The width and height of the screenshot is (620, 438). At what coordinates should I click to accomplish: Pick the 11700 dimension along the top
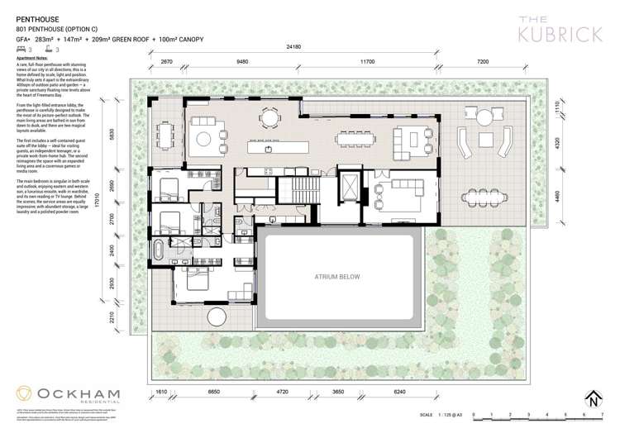367,61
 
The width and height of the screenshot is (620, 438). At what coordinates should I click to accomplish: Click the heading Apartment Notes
32,58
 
